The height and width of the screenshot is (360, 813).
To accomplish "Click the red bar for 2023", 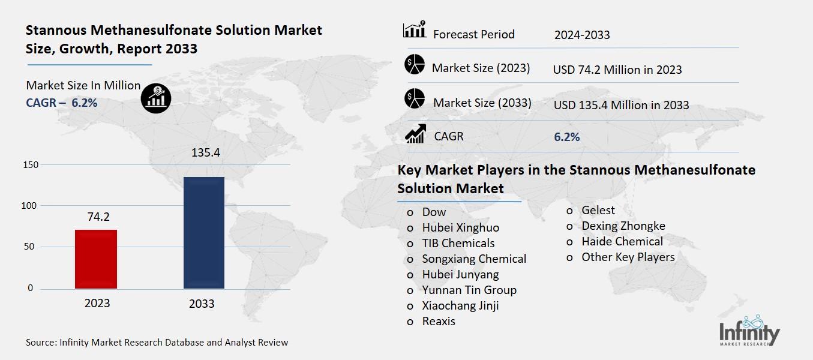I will [x=96, y=259].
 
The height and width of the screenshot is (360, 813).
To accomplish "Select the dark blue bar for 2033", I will [x=203, y=233].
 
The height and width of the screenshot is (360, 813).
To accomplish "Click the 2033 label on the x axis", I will [x=202, y=304].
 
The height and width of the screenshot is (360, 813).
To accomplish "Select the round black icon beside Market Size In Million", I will [x=156, y=98].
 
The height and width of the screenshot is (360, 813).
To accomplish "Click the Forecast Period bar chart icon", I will [x=414, y=30].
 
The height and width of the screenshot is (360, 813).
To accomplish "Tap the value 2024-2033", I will [x=581, y=35].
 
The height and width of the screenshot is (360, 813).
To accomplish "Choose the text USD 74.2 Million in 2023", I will [x=617, y=70].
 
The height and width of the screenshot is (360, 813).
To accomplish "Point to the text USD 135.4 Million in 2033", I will [x=620, y=105].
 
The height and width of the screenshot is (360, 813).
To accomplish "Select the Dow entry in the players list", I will [x=434, y=212].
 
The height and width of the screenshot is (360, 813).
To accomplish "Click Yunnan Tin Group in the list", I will [x=469, y=290].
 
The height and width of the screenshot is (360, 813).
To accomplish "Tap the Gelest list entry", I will [x=598, y=210].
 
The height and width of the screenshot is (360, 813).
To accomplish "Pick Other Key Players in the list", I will [x=628, y=257].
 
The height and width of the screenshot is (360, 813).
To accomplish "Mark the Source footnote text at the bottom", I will [x=157, y=343].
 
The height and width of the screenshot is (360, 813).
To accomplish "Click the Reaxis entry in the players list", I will [x=438, y=321].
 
